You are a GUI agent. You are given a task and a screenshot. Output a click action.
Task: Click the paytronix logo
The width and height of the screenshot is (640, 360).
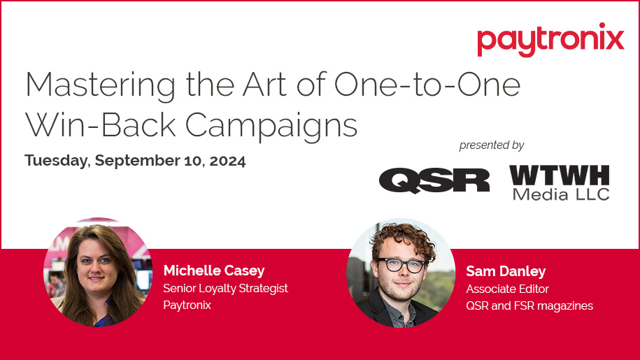coord(550,39)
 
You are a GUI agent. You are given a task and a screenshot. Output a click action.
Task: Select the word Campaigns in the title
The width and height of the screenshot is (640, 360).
coord(272,126)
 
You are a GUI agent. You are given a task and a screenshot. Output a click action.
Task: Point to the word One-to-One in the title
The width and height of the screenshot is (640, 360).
coord(427,85)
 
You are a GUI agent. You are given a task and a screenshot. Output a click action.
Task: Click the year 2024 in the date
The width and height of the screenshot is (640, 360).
coord(227,161)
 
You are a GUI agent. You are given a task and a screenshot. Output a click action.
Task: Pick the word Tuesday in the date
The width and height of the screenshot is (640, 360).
coord(56,161)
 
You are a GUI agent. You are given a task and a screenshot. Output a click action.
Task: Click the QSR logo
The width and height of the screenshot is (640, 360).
coord(434,180)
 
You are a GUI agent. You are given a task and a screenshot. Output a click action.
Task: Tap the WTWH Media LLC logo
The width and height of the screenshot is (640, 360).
coord(559,182)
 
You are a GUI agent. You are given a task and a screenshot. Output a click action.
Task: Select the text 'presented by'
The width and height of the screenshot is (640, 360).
coord(491,145)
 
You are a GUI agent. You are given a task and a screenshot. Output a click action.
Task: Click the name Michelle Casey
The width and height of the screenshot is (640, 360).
coord(213,271)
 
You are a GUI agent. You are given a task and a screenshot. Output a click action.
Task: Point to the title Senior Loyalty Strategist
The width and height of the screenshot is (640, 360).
coord(225,288)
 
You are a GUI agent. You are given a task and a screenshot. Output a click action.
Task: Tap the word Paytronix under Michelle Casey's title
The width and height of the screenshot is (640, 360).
coord(187,305)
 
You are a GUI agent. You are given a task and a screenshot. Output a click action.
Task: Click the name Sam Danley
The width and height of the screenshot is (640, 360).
coord(506,271)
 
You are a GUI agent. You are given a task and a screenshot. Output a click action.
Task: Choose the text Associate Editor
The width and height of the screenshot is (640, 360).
coord(507,288)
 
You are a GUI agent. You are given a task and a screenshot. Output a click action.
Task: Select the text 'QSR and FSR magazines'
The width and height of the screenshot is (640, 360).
coord(529,305)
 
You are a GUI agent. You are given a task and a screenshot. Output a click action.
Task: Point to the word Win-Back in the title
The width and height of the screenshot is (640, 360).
coord(94,126)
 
